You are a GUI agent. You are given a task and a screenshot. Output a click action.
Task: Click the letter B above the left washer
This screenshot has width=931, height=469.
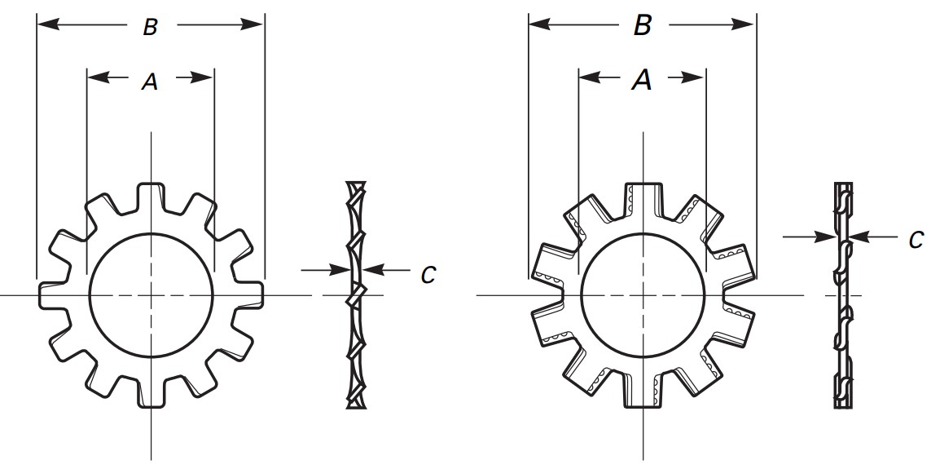(150, 27)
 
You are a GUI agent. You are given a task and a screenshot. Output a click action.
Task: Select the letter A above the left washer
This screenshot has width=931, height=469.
(150, 82)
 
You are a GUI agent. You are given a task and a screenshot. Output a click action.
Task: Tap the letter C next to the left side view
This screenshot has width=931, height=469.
(428, 275)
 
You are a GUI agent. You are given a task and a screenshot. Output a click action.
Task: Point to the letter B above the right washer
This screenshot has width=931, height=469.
(643, 25)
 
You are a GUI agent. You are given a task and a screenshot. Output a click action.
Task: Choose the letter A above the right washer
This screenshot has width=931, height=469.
(641, 79)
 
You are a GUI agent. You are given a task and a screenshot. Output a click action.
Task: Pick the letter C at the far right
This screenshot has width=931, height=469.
(916, 240)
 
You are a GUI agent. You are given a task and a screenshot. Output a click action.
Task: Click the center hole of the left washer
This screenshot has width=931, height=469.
(151, 295)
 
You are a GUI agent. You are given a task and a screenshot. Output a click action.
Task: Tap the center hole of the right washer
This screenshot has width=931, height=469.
(643, 295)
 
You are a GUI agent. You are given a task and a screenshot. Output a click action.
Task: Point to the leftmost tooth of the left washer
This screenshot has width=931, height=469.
(55, 295)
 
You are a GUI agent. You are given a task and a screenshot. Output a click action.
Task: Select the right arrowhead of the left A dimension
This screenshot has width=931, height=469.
(203, 77)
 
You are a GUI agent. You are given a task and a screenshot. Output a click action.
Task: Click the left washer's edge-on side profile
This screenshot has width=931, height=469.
(356, 294)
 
